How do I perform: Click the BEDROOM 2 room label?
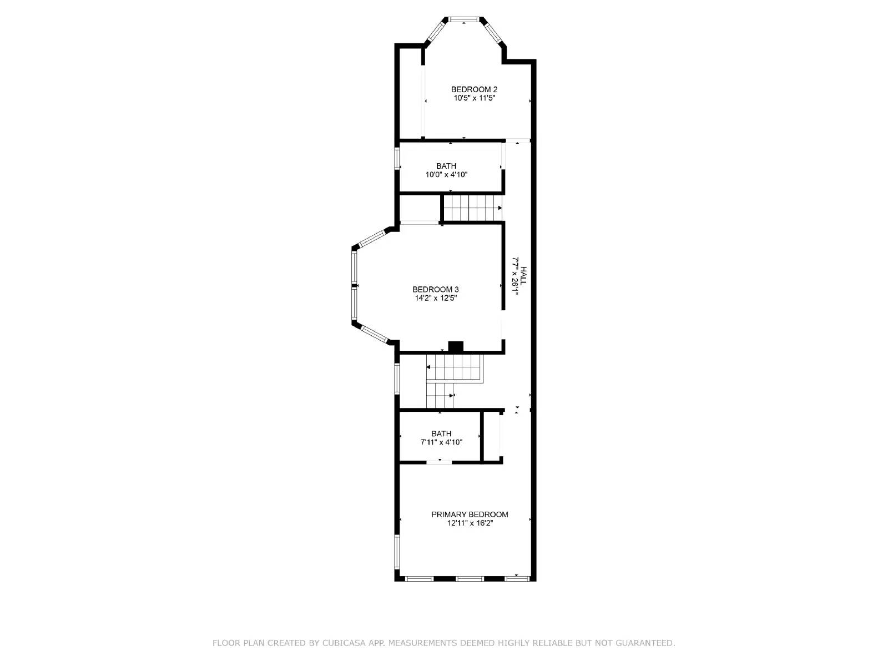point(474,89)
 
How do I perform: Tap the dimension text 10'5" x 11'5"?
point(474,98)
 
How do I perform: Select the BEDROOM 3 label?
point(436,289)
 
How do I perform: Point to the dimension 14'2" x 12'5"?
point(436,298)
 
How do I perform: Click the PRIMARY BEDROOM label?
point(470,514)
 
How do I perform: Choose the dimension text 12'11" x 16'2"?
point(470,523)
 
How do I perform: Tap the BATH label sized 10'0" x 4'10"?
point(446,166)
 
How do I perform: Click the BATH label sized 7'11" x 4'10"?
point(441,433)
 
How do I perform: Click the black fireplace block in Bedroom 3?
point(456,346)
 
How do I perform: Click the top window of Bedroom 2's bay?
point(465,20)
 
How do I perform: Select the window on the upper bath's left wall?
point(397,158)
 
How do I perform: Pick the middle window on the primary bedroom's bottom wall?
point(470,579)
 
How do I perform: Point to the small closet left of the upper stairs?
point(420,208)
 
